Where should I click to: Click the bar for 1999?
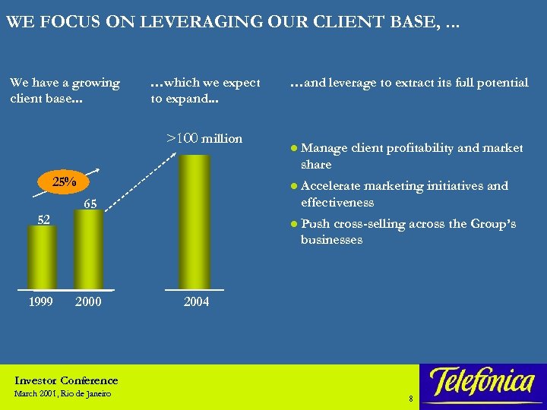coord(40,258)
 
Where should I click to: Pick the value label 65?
coord(89,203)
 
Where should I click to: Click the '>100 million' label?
coord(204,138)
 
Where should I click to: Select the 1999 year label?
coord(40,301)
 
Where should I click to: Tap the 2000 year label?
coord(89,301)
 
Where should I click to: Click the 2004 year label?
coord(197,301)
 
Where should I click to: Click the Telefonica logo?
coord(481,381)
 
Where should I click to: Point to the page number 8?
coord(410,398)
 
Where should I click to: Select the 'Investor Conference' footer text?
coord(66,380)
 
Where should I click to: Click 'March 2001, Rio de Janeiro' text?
coord(62,393)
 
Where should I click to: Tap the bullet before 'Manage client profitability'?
coord(294,149)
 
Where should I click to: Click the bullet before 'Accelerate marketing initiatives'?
coord(294,186)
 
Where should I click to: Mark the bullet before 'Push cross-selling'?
coord(294,224)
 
